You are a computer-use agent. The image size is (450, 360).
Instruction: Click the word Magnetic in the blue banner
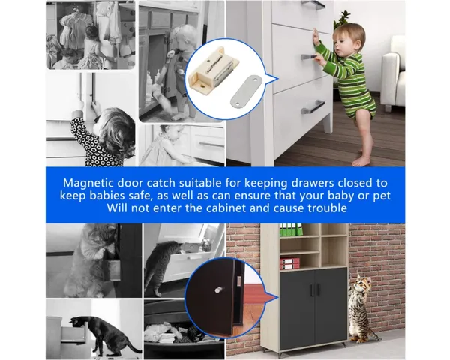coord(88,183)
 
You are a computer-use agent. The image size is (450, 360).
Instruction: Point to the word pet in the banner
coord(382,196)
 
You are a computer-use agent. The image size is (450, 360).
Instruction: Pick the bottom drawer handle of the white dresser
coord(312,106)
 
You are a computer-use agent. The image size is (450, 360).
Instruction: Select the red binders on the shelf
coord(289,263)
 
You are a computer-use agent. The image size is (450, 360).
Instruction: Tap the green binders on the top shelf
coord(291,229)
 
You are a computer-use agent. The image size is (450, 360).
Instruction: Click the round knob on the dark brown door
coord(219,289)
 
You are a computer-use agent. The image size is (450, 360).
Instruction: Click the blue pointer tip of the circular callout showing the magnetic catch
coord(278,78)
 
